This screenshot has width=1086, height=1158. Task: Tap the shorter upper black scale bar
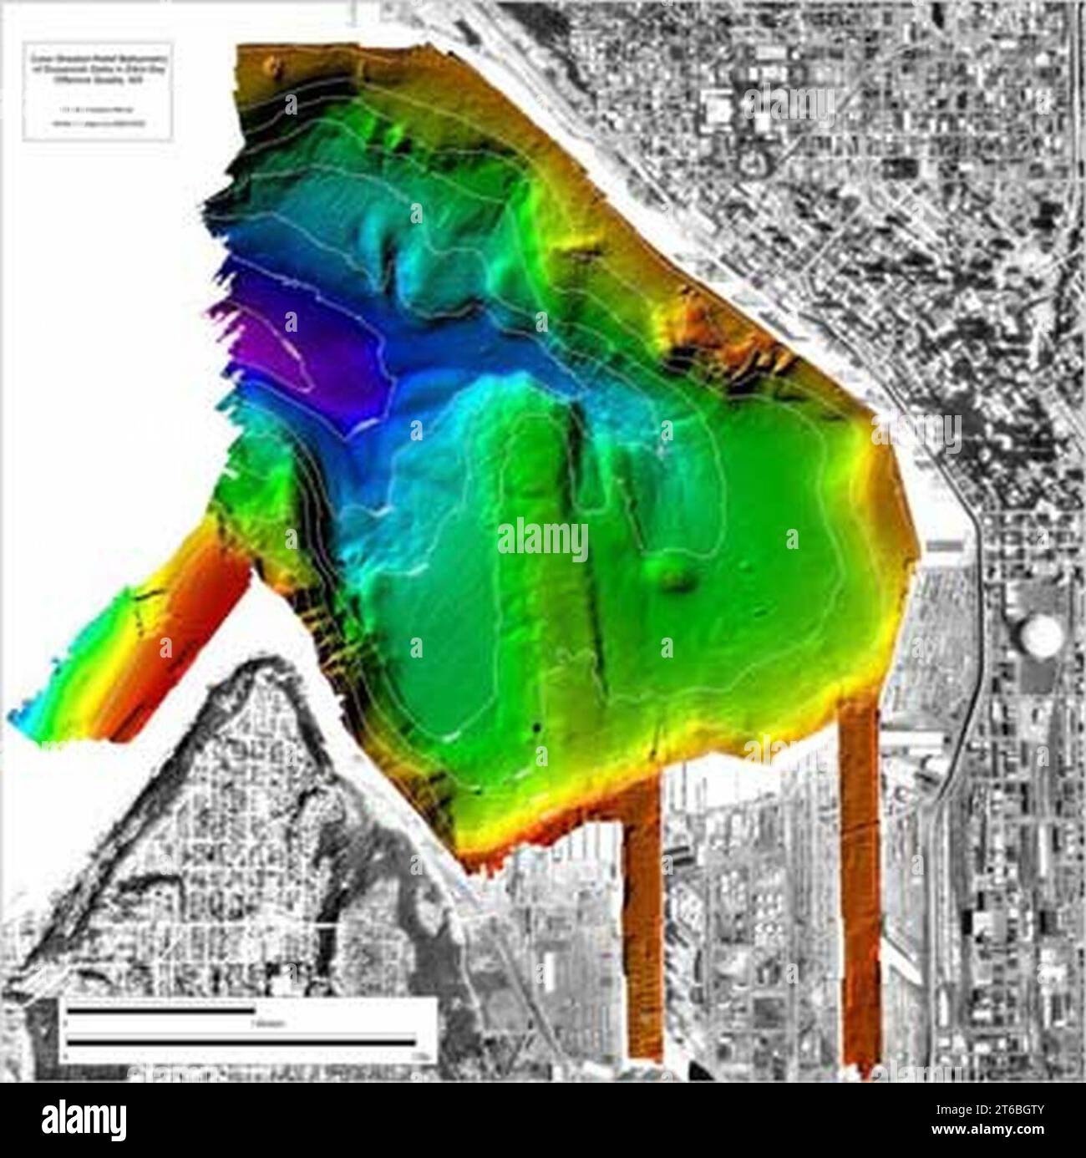click(x=160, y=1010)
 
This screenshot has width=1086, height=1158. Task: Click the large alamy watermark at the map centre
click(x=543, y=541)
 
